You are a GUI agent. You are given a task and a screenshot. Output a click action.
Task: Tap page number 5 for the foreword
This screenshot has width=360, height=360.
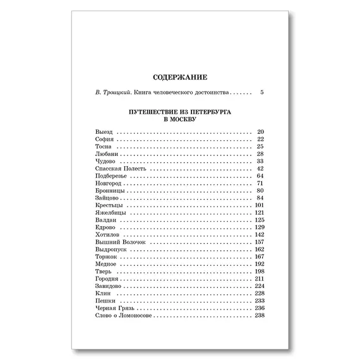pos(261,93)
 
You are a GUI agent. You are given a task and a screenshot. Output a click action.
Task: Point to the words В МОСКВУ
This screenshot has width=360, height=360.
pos(179,118)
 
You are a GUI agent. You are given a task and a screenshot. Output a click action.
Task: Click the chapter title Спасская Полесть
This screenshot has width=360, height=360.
pos(118,169)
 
